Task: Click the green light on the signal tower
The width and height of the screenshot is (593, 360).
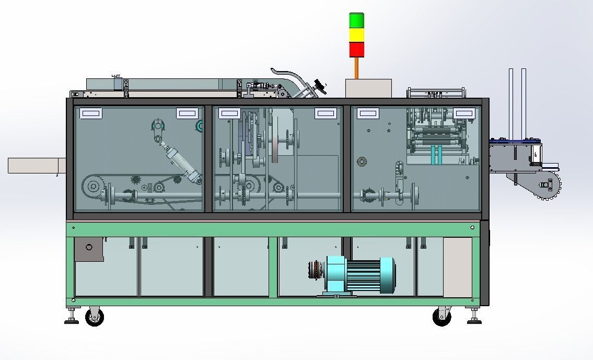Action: pos(357,20)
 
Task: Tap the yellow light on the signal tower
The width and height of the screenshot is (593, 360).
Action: pos(357,35)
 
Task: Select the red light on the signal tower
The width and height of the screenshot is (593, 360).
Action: pos(357,50)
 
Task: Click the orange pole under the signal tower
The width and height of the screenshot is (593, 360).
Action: pos(357,68)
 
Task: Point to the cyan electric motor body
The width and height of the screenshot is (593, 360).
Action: pos(361,275)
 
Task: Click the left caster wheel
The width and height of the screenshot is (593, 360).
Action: pos(95,317)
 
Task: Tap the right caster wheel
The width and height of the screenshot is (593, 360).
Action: pos(441,317)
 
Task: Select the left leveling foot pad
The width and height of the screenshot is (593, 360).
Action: pos(72,322)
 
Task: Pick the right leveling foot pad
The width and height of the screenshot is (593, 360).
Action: pos(474,322)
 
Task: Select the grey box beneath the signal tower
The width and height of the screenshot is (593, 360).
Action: pos(368,88)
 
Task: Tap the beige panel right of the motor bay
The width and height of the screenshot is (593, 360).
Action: pos(457,267)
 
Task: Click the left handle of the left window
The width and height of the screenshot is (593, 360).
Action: pos(91,113)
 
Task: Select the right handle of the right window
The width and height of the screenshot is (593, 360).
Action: pos(464,113)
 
